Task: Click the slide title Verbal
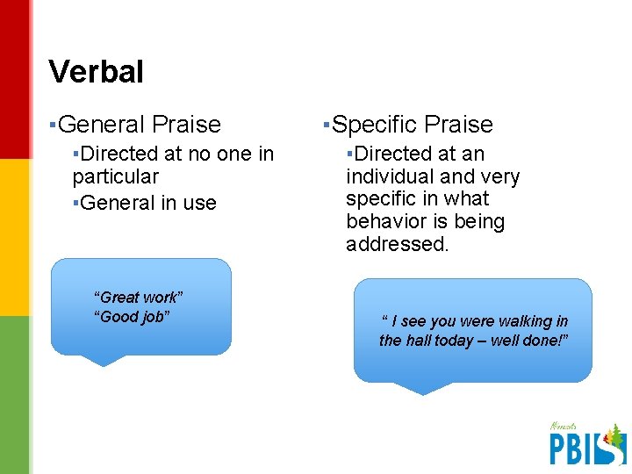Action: tap(96, 72)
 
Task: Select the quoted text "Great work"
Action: tap(139, 298)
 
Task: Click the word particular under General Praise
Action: tap(115, 177)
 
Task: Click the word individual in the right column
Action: tap(389, 177)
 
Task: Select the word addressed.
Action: tap(397, 244)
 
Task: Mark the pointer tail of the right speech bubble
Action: tap(422, 388)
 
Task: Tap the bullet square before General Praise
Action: tap(53, 125)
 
